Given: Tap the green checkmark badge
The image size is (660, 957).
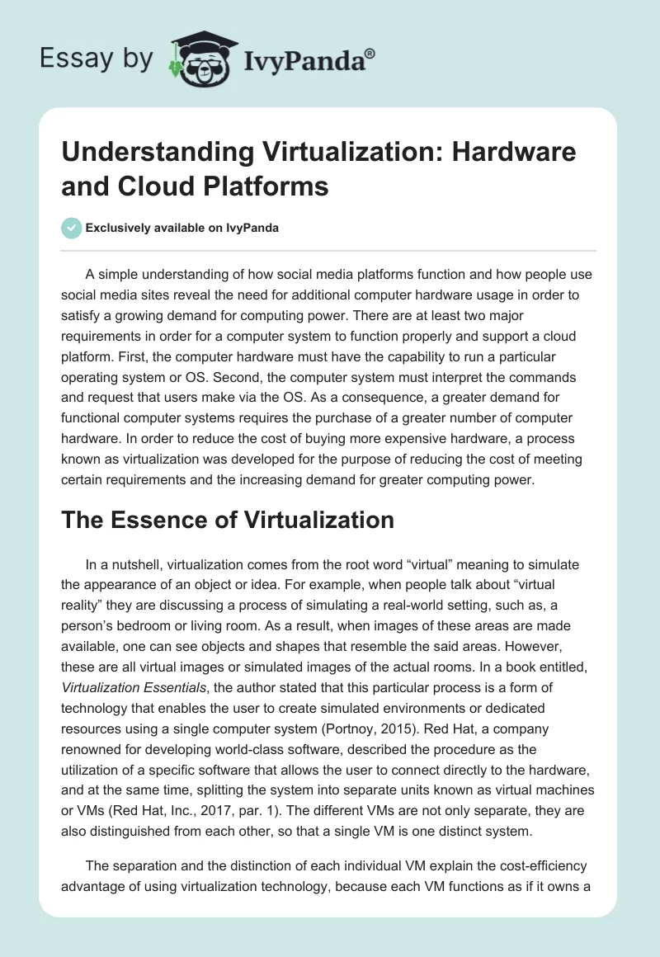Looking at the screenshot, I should [x=71, y=228].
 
